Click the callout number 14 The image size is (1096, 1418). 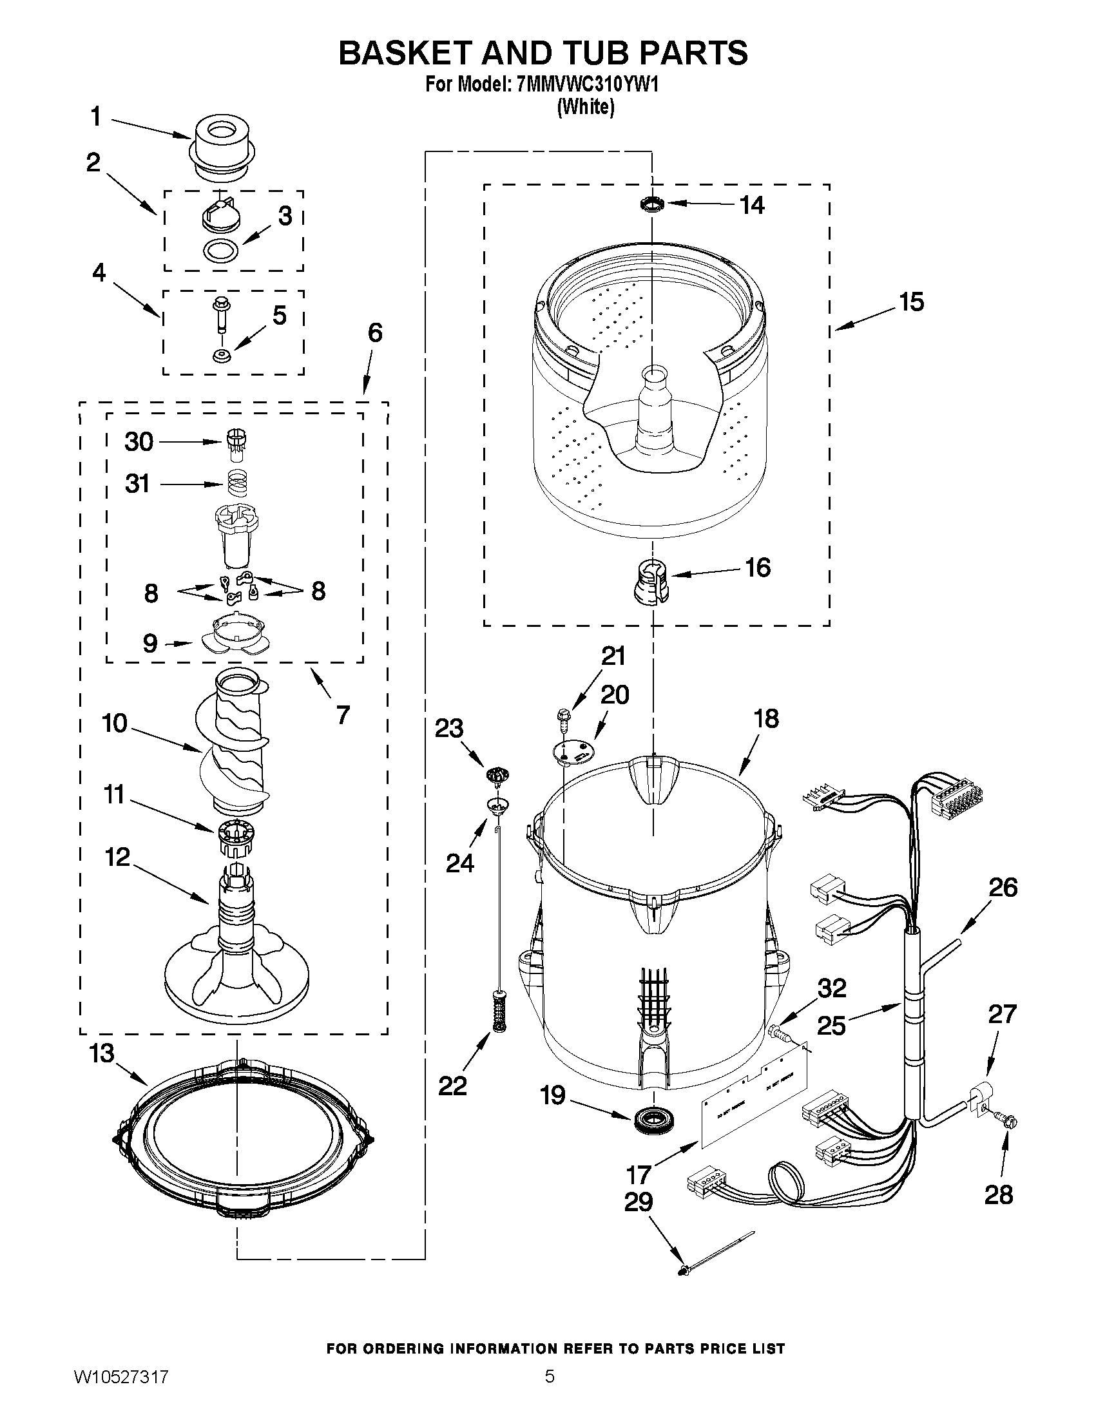point(752,205)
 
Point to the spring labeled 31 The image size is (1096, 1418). point(238,483)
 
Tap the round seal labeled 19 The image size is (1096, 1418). point(657,1118)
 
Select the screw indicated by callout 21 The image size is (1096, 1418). point(562,717)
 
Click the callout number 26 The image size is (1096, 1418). point(1003,888)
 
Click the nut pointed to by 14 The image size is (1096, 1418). point(652,204)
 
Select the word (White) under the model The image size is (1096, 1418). point(586,107)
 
